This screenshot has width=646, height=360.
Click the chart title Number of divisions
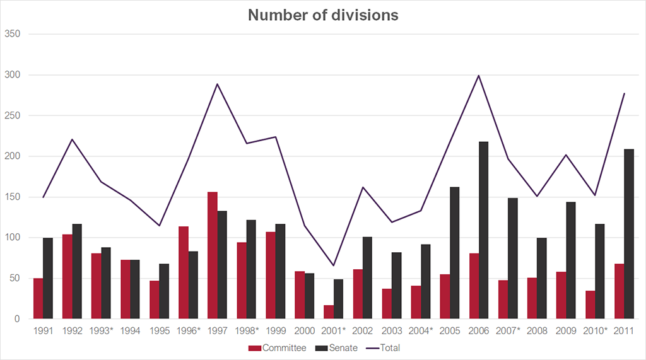point(323,15)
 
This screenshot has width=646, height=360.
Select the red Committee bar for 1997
point(213,255)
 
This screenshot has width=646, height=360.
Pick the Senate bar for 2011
point(628,234)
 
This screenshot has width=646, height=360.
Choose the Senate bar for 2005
point(454,253)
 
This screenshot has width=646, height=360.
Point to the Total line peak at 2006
point(478,76)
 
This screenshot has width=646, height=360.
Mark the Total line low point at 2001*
point(334,265)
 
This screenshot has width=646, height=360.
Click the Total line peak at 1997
point(218,84)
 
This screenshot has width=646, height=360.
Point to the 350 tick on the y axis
point(13,34)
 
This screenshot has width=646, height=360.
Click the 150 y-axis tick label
point(13,197)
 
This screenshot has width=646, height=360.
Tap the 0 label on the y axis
point(18,319)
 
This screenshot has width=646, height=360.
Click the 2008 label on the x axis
point(536,330)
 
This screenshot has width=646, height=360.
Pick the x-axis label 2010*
point(596,330)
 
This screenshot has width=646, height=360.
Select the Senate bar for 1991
point(48,278)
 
